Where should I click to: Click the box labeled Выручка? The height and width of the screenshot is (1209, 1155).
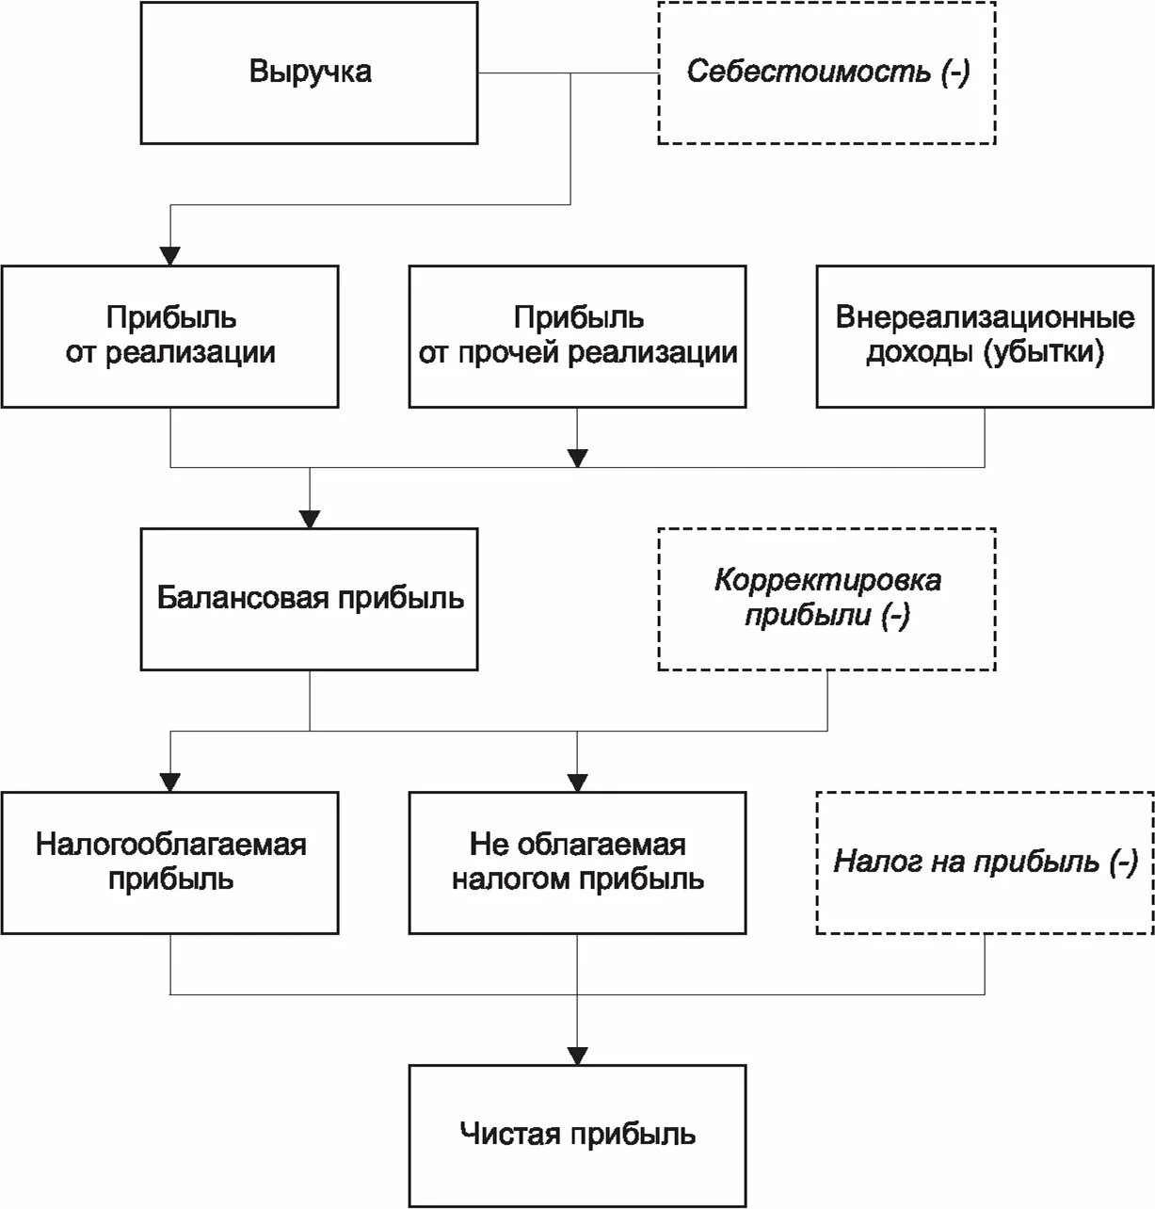(309, 73)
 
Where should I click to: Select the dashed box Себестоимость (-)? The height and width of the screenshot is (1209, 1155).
(826, 73)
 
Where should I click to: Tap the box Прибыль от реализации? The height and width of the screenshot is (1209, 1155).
(169, 336)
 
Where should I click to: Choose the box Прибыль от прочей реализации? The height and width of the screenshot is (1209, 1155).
(577, 336)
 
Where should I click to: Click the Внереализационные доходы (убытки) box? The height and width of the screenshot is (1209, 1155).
(985, 336)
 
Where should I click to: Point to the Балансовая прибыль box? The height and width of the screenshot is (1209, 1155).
(309, 599)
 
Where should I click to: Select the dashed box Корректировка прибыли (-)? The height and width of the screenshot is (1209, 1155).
(826, 599)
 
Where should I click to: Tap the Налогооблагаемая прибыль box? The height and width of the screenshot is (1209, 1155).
(169, 862)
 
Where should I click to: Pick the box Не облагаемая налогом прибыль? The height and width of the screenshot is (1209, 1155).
(577, 862)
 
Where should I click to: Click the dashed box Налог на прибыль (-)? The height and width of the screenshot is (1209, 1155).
(985, 862)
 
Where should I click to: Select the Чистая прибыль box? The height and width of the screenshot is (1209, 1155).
(577, 1136)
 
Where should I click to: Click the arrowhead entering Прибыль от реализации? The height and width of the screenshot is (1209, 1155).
(169, 255)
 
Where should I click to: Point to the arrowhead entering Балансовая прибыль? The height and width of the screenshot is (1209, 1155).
(310, 518)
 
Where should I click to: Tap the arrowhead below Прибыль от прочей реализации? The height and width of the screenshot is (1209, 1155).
(578, 458)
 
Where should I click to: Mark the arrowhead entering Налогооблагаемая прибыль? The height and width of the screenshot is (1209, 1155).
(169, 782)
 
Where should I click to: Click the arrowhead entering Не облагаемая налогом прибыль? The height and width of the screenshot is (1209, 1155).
(577, 782)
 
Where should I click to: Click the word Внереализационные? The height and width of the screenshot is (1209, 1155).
(985, 317)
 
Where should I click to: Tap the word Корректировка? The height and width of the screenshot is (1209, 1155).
(827, 580)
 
